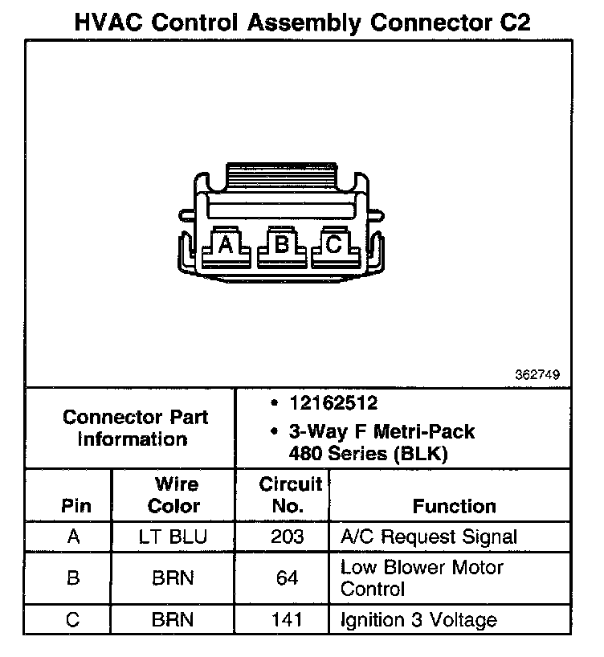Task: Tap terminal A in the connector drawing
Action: tap(226, 244)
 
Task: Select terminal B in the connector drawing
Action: tap(281, 243)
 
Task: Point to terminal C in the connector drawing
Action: tap(334, 244)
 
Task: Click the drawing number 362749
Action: tap(537, 375)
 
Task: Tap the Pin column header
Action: tap(75, 506)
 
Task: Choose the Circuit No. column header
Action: tap(290, 496)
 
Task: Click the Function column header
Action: tap(454, 506)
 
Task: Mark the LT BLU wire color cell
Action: tap(173, 537)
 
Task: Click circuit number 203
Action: tap(287, 537)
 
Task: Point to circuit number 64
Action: tap(287, 578)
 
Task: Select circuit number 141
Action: tap(287, 620)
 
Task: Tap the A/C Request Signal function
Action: tap(429, 537)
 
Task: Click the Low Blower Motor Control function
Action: tap(422, 578)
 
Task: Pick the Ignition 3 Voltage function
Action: tap(418, 620)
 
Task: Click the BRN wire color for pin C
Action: tap(173, 620)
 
